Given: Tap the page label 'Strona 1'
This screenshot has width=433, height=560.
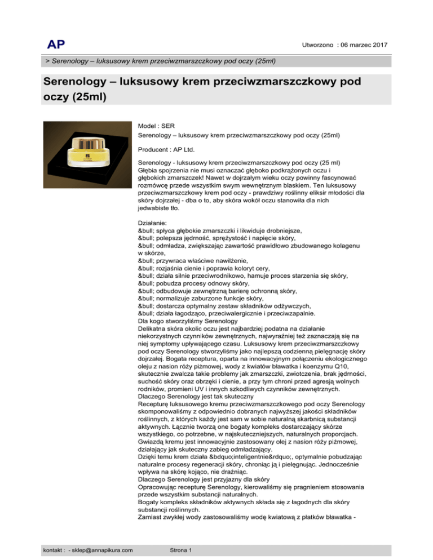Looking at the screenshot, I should [180, 549].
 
